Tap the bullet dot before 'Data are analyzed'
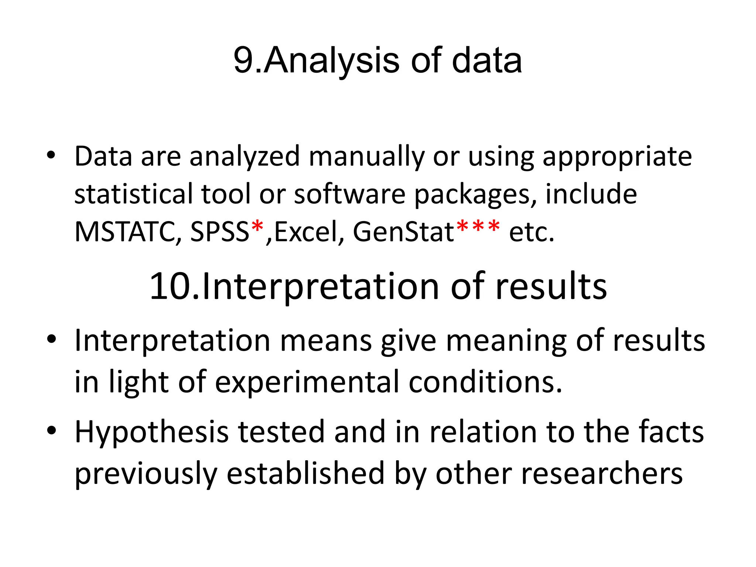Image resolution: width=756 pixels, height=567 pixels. tap(51, 155)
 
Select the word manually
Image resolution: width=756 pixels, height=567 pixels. tap(367, 157)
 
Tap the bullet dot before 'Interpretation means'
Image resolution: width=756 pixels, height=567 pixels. tap(51, 339)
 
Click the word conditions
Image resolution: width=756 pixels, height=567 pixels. tap(485, 382)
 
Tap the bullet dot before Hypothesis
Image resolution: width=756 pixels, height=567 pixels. tap(51, 430)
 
